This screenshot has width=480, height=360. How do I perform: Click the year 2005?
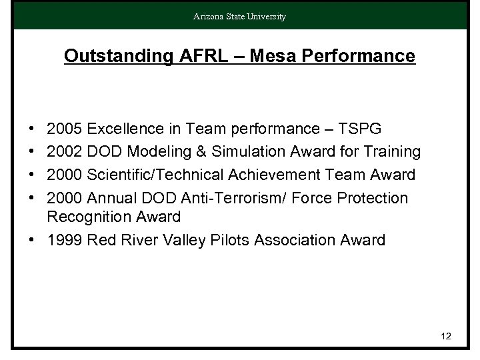click(x=65, y=129)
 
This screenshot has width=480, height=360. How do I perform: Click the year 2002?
click(x=65, y=152)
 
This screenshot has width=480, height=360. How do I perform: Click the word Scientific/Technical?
click(x=154, y=175)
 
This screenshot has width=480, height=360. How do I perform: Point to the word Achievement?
click(x=280, y=175)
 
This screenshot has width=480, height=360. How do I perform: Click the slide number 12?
click(x=446, y=336)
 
